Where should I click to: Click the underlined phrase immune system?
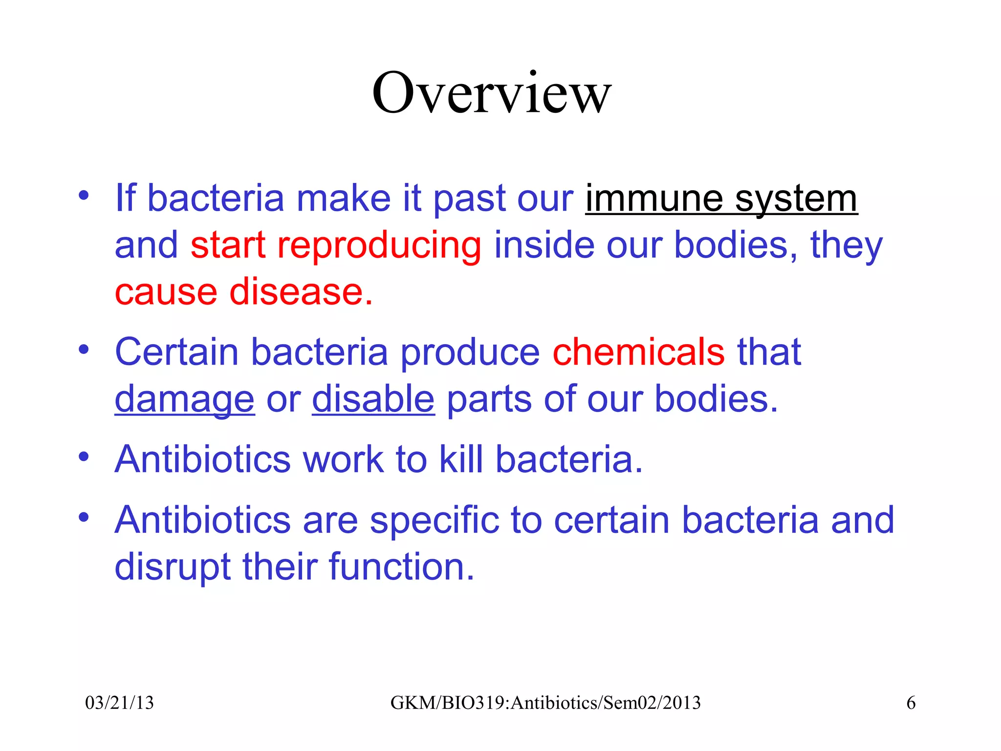[721, 199]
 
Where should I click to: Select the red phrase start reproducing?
[336, 245]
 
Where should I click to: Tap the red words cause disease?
[243, 292]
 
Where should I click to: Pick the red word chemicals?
[638, 352]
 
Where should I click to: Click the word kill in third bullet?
[461, 460]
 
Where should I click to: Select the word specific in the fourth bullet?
[435, 520]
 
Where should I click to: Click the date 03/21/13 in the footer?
[119, 703]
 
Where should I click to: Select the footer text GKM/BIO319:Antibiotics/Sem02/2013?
[545, 703]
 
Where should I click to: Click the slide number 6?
[911, 703]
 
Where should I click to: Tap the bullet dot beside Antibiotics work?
[84, 457]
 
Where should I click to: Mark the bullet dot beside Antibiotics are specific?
[84, 517]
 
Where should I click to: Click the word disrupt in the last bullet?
[172, 567]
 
